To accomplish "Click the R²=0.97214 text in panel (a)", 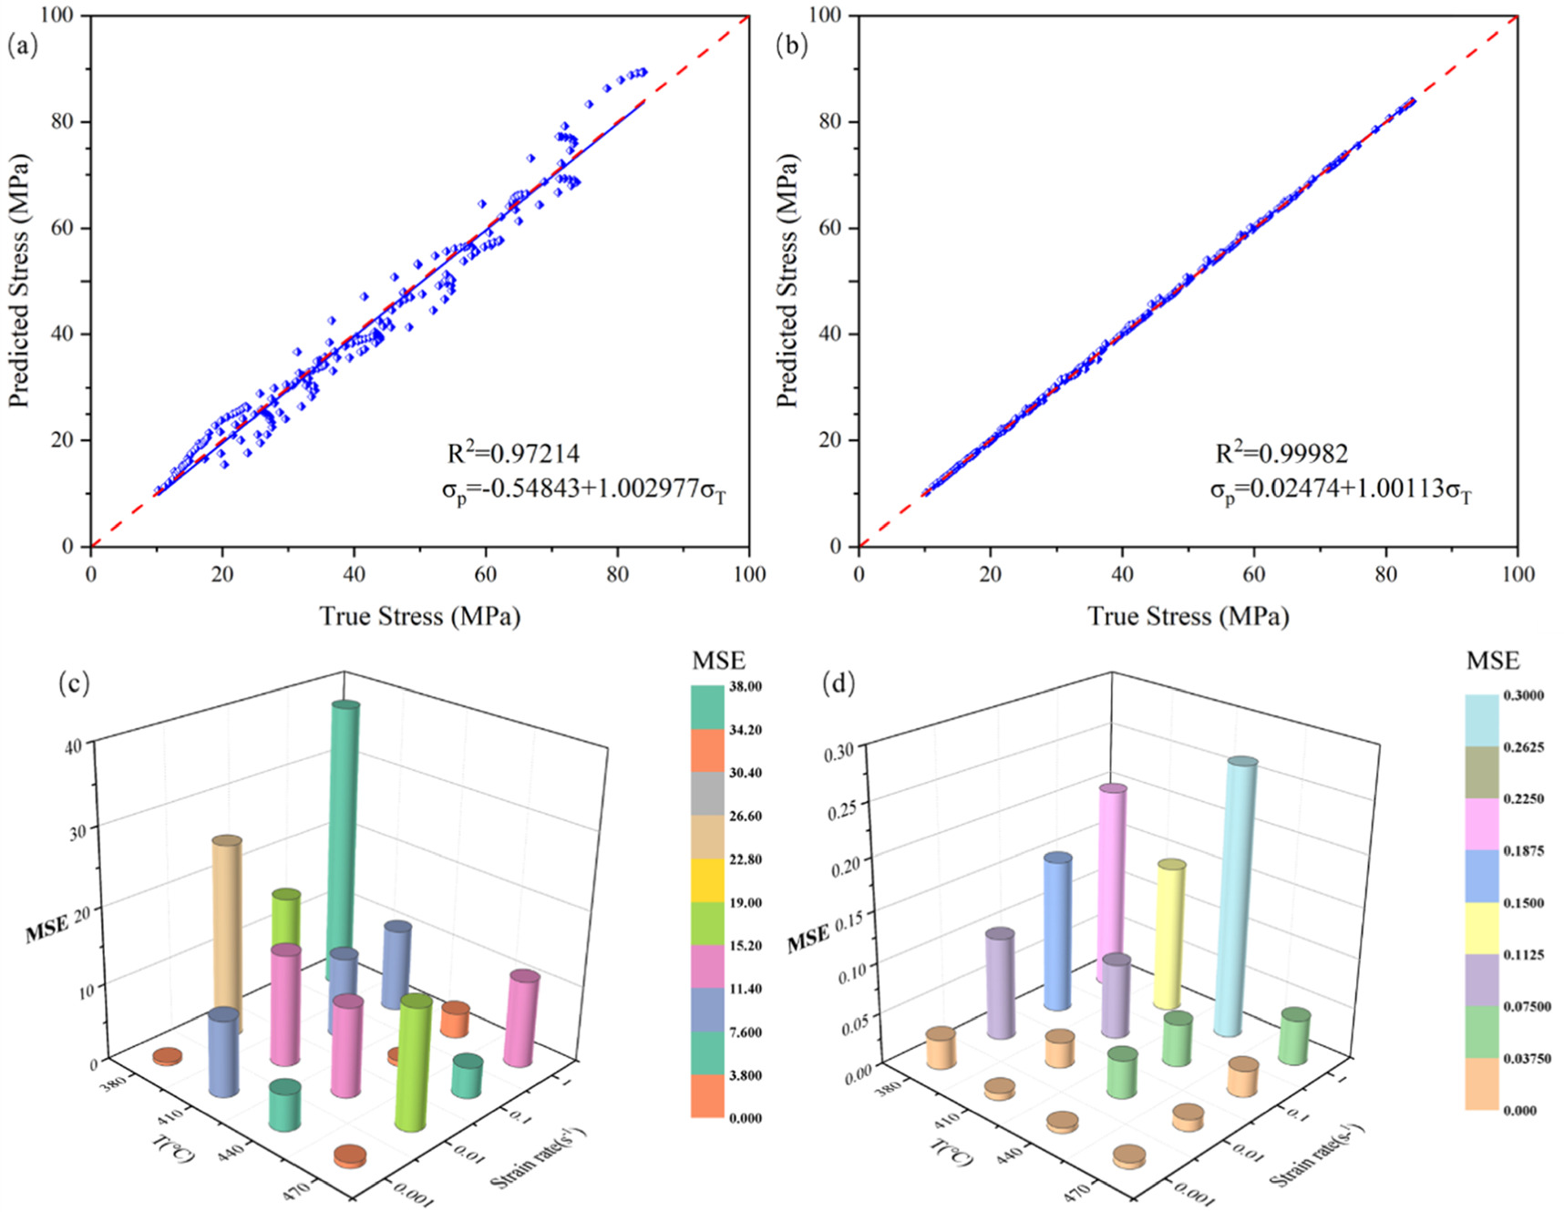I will coord(513,453).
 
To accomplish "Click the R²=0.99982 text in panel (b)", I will coord(1281,453).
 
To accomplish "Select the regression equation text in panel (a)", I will coord(583,491).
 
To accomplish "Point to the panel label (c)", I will coord(73,683).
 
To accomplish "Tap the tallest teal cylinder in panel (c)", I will coord(343,838).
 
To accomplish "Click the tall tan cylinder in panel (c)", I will coord(226,930).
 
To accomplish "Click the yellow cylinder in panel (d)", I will coord(1168,934).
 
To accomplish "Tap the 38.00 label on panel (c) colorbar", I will coord(745,686).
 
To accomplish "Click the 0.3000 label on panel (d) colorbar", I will coord(1523,695).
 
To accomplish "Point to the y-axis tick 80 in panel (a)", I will coord(62,121).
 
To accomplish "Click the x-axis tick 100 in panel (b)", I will coord(1518,573).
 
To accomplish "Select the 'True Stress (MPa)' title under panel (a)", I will coord(419,616).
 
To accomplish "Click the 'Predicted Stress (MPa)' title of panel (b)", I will coord(787,280).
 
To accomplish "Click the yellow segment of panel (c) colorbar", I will coord(707,880).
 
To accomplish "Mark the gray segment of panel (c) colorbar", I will coord(707,794).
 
